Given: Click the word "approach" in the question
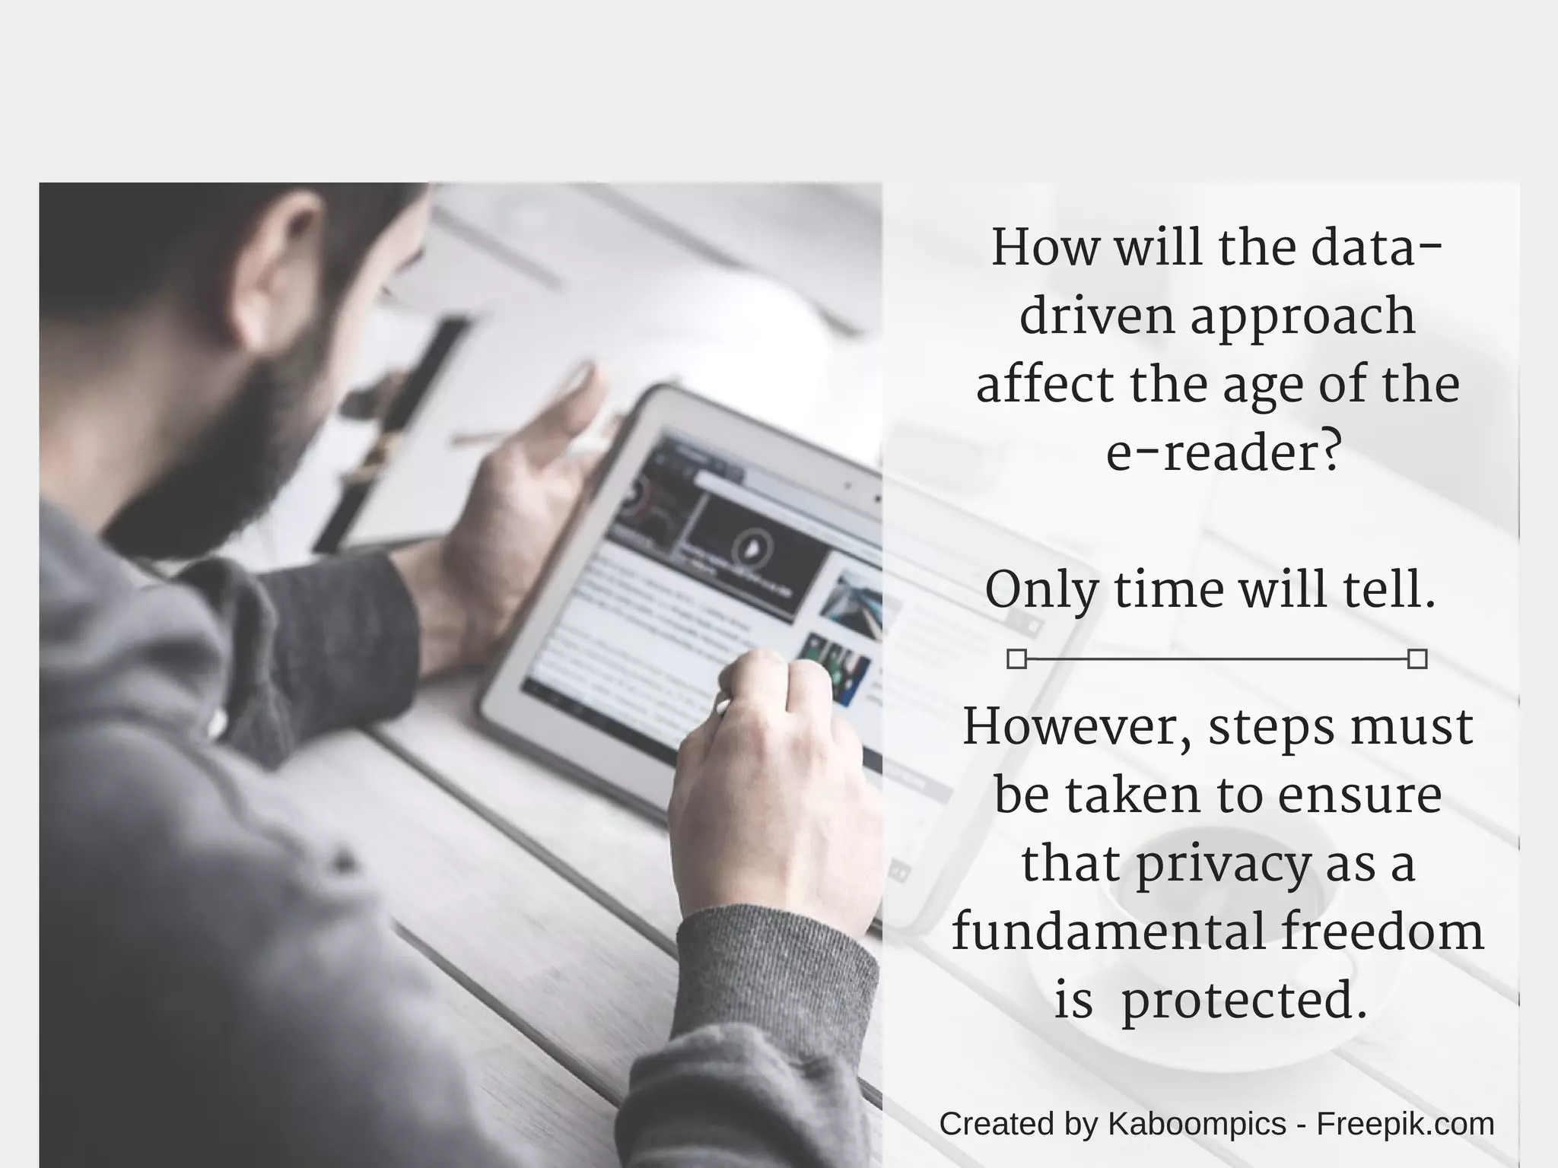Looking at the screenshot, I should pyautogui.click(x=1302, y=318).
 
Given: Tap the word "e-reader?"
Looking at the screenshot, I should pyautogui.click(x=1222, y=454).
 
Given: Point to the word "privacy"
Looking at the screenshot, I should pyautogui.click(x=1223, y=865).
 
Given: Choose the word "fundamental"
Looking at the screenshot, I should pyautogui.click(x=1108, y=932).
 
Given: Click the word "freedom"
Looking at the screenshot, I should pyautogui.click(x=1382, y=932).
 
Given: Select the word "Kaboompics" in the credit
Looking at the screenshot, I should pyautogui.click(x=1197, y=1124).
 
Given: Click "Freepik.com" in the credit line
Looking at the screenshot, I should pyautogui.click(x=1405, y=1124).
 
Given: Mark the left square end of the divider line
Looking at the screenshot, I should pyautogui.click(x=1016, y=659).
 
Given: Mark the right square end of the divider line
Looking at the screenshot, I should pyautogui.click(x=1417, y=659).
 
